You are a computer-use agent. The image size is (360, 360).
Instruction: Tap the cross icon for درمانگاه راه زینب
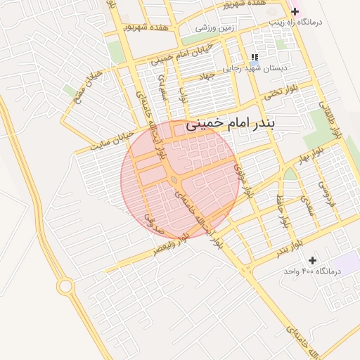point(295,12)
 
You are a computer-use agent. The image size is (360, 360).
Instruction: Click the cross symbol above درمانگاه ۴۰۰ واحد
point(312,260)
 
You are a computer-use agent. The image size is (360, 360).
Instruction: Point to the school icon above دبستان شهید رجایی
point(254,57)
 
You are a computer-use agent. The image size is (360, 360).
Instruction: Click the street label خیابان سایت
point(112,141)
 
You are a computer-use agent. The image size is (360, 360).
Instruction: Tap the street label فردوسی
point(328,191)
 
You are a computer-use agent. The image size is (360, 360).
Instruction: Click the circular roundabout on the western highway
point(65,286)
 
